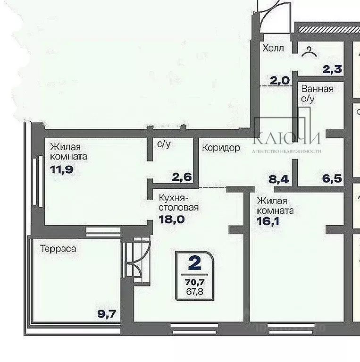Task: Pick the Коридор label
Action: point(221,148)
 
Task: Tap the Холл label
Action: point(274,48)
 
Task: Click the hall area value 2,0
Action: point(279,80)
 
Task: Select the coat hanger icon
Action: point(310,51)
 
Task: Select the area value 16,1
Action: point(268,220)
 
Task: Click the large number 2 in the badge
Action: point(193,262)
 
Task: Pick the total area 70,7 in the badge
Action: point(193,283)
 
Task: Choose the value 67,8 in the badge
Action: point(193,291)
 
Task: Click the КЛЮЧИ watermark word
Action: point(287,138)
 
